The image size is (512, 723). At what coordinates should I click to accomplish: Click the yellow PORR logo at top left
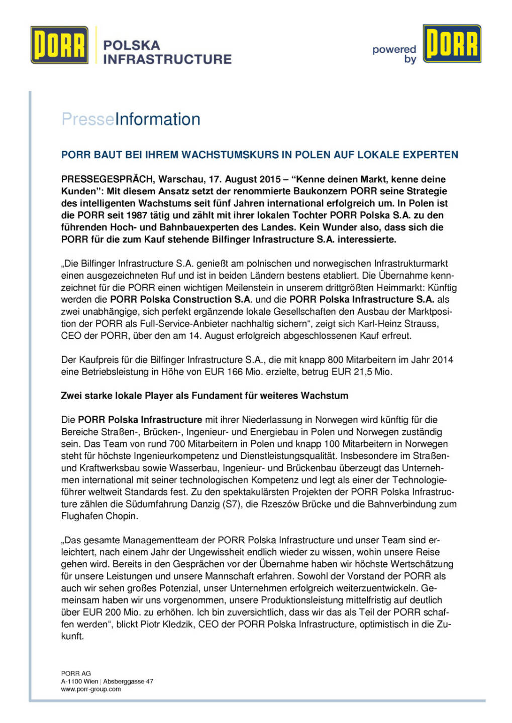(59, 45)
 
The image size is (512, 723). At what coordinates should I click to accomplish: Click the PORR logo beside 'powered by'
(452, 44)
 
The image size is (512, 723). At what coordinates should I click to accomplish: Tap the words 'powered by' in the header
(395, 54)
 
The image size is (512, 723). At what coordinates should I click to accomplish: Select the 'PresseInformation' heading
(131, 119)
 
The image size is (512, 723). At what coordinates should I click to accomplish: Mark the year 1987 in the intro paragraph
(137, 215)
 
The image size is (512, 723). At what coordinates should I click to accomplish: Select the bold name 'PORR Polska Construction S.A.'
(180, 300)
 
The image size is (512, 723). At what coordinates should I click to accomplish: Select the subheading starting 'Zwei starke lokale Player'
(204, 396)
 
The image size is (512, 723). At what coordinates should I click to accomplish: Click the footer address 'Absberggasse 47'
(128, 681)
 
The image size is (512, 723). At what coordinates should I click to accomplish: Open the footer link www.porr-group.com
(91, 689)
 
